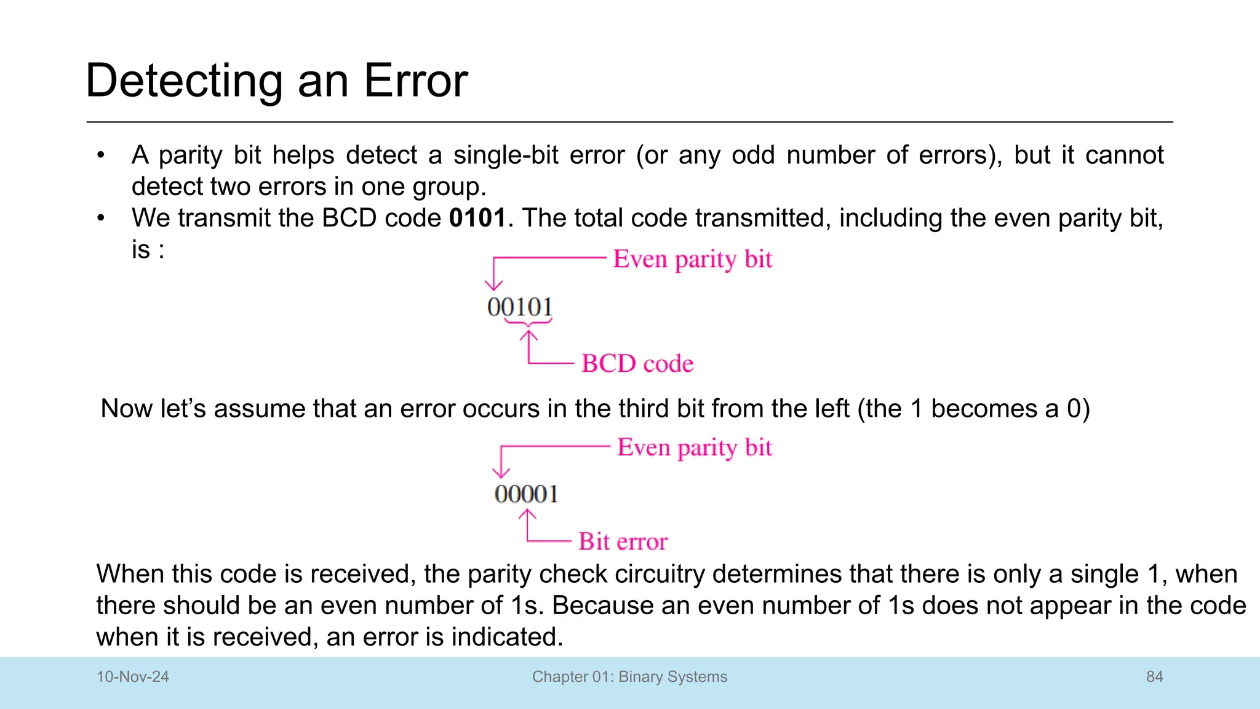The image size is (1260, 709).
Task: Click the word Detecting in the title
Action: click(x=183, y=81)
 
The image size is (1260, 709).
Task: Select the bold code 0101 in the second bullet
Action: click(x=477, y=218)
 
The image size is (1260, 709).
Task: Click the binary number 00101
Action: click(x=520, y=306)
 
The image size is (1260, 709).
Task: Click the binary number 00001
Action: click(x=526, y=494)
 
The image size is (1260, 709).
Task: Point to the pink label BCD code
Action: click(x=637, y=363)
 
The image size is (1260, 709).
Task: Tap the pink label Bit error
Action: click(x=623, y=541)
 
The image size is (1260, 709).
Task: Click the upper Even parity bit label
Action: click(x=692, y=259)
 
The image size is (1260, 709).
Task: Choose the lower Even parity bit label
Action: click(x=695, y=447)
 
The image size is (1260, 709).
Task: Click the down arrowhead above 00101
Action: click(x=493, y=285)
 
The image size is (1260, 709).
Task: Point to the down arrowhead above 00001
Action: click(x=501, y=473)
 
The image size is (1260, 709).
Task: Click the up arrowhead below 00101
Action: click(x=528, y=335)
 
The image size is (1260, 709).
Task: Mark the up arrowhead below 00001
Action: click(x=527, y=515)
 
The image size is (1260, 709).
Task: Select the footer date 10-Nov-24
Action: click(x=133, y=676)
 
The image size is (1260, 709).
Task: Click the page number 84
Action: click(x=1154, y=676)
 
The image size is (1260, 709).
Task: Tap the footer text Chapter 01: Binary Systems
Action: click(x=629, y=676)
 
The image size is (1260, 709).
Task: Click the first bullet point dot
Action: click(x=101, y=155)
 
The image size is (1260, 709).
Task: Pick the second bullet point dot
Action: click(x=101, y=218)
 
